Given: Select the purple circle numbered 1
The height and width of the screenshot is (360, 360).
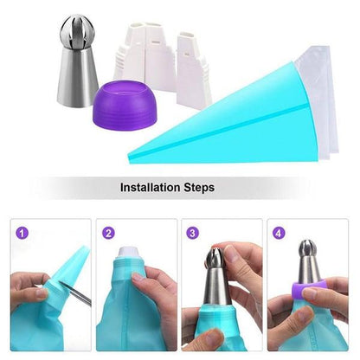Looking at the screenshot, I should [x=22, y=233].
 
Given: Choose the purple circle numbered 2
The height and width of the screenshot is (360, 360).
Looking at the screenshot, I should [x=109, y=233].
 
